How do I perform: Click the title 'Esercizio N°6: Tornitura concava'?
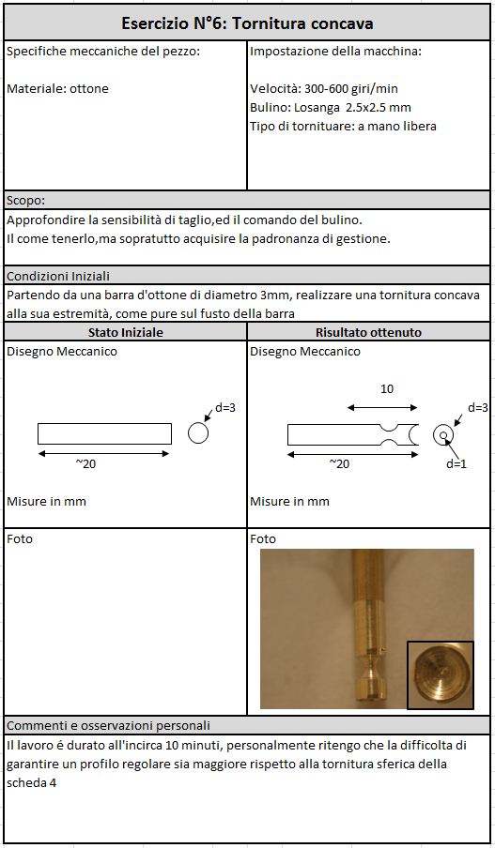247,23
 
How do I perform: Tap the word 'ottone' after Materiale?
89,89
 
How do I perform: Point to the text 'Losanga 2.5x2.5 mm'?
352,107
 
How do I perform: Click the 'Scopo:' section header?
26,201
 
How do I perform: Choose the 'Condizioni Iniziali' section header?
58,277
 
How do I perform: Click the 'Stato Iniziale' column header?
125,332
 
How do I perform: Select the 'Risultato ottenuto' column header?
369,332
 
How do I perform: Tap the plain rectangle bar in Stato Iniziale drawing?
104,433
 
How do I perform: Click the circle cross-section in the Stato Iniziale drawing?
198,433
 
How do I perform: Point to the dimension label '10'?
387,389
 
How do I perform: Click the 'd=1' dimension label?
456,463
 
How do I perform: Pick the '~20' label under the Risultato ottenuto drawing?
340,463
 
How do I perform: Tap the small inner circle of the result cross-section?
443,435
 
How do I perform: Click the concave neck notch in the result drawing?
390,434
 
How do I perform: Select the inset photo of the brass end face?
441,675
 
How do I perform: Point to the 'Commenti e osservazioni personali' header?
108,725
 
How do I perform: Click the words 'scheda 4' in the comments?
32,782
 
